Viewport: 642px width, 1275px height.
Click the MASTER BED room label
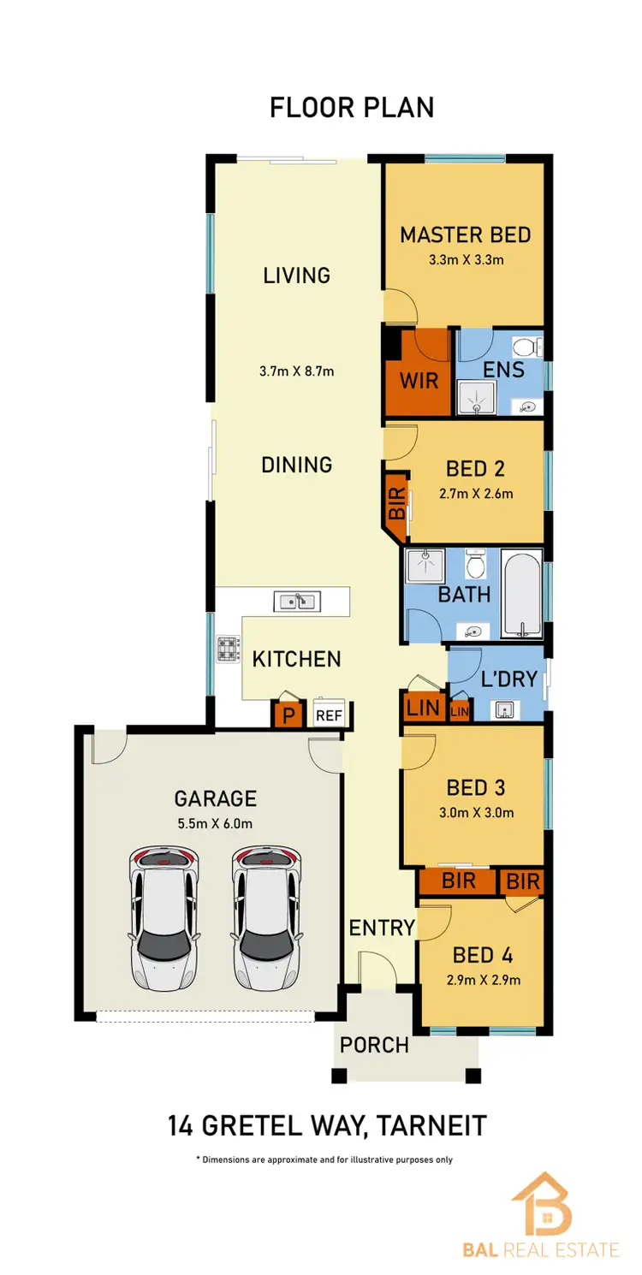tap(466, 234)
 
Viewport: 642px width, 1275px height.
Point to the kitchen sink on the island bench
tap(296, 601)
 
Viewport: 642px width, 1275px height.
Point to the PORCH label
tap(374, 1045)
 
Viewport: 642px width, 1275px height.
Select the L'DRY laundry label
tap(508, 679)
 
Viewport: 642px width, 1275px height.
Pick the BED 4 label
tap(485, 954)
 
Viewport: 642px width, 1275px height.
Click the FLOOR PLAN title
tap(352, 108)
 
